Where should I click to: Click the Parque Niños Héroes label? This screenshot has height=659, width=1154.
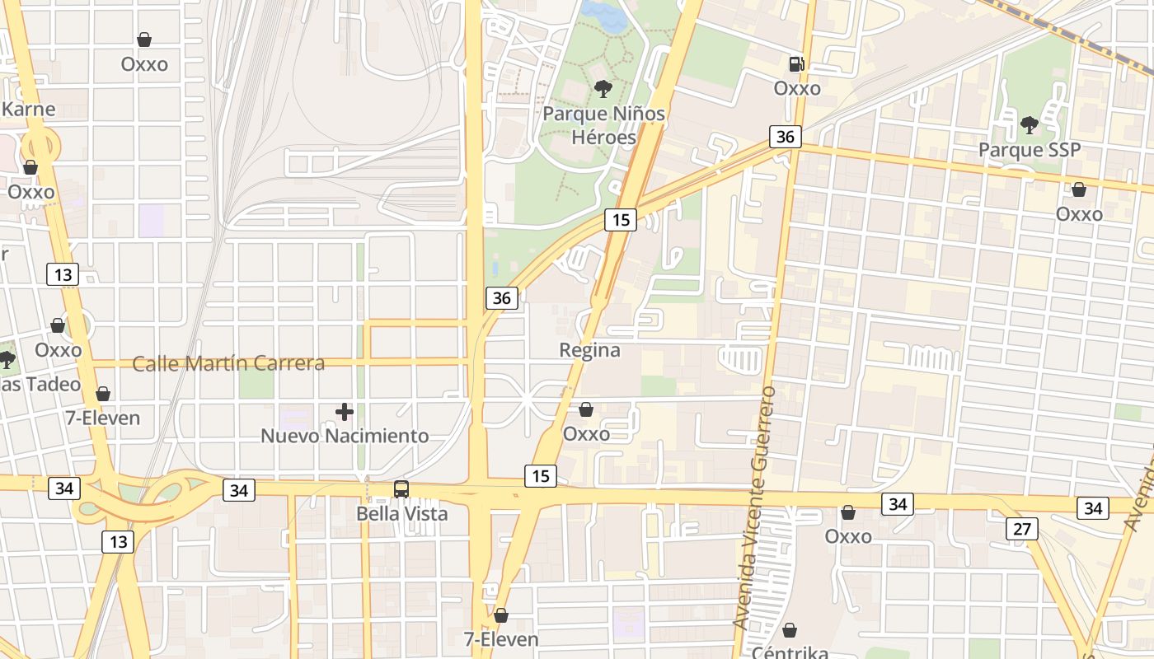tap(603, 124)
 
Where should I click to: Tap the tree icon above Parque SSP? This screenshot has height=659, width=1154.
tap(1029, 125)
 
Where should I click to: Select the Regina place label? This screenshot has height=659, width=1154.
tap(589, 350)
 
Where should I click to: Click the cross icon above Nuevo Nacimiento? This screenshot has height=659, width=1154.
tap(345, 411)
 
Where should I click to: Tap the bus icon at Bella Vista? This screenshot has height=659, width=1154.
tap(401, 488)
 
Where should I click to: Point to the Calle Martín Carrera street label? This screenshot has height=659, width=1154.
tap(228, 363)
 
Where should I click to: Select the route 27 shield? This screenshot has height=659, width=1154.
tap(1021, 529)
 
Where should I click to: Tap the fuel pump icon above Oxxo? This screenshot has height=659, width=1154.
tap(796, 63)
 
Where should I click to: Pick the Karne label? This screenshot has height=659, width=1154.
tap(29, 109)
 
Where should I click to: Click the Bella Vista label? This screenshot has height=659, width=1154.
tap(401, 514)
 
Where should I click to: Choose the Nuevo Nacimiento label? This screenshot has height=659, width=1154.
tap(345, 436)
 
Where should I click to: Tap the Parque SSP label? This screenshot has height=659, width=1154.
tap(1029, 150)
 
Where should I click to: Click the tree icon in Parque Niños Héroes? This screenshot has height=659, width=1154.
tap(603, 88)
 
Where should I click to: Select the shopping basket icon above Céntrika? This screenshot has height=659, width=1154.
tap(790, 630)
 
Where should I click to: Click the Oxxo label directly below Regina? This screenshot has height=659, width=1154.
tap(586, 433)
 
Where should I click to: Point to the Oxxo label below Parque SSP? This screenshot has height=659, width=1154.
tap(1079, 214)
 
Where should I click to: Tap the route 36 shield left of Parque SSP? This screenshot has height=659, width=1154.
tap(786, 136)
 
